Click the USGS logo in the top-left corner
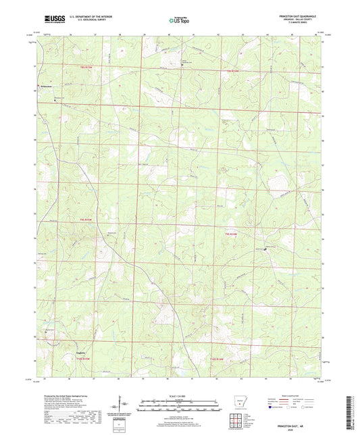point(52,21)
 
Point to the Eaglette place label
point(80,352)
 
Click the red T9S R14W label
point(231,233)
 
